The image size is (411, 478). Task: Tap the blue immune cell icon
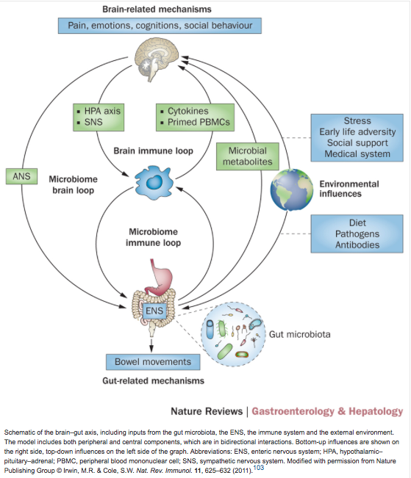[x=154, y=183]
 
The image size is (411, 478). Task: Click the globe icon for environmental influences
[x=292, y=189]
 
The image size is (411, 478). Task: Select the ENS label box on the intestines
[x=154, y=311]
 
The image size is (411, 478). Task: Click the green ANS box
[x=21, y=176]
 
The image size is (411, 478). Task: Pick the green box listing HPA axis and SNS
[x=99, y=117]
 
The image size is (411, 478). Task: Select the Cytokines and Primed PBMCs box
[x=195, y=117]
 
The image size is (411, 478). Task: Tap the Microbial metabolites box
[x=248, y=156]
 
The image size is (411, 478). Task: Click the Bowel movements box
[x=153, y=362]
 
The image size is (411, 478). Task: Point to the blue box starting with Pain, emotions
[x=160, y=25]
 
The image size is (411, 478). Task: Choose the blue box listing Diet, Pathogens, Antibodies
[x=357, y=233]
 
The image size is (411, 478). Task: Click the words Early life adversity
[x=357, y=131]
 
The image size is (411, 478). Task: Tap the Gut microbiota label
[x=299, y=334]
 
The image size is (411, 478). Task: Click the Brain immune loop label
[x=153, y=151]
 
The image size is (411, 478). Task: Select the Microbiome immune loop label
[x=153, y=237]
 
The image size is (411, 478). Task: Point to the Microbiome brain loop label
[x=74, y=184]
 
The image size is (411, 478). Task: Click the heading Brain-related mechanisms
[x=157, y=9]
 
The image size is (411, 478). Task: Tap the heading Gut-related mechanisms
[x=153, y=381]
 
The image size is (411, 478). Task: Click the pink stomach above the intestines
[x=160, y=278]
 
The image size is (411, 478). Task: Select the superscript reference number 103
[x=259, y=467]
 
